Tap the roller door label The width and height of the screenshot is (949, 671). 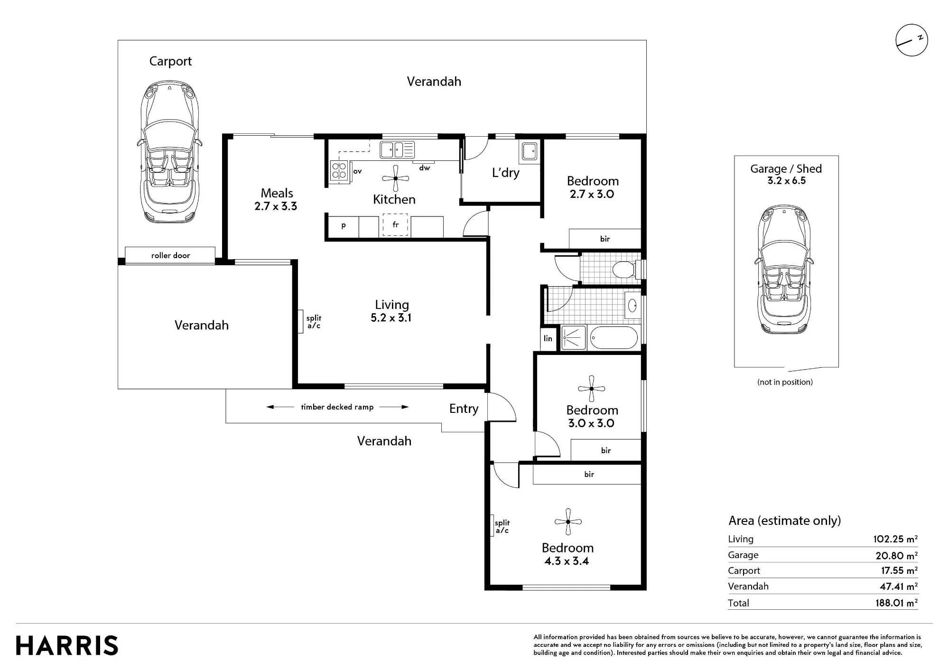170,255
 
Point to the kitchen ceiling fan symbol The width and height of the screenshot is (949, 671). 395,178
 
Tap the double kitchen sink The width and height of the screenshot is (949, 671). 397,150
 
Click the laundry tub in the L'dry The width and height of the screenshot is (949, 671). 529,152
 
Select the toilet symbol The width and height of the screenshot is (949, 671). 625,270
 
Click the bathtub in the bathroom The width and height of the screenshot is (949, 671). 614,338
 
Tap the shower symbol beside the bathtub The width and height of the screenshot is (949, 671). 574,338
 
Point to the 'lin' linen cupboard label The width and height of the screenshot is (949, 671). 548,338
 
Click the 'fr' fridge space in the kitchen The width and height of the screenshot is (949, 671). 396,225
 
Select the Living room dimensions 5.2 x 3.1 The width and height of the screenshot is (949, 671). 391,318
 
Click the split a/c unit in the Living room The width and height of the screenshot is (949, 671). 301,321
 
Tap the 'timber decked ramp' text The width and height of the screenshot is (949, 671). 337,407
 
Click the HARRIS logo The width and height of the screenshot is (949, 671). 67,646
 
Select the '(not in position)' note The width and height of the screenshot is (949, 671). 785,382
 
